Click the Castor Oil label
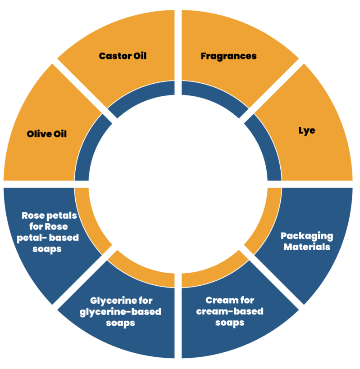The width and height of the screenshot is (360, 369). coord(123,56)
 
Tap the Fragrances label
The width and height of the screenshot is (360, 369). coord(228,56)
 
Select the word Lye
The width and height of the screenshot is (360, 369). coord(307,130)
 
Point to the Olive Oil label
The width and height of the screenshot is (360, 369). coord(47,134)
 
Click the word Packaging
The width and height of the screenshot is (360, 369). coord(307,236)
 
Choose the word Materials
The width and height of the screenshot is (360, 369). coord(307,247)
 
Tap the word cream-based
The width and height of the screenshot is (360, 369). coord(230,311)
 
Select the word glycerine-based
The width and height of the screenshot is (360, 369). coord(120,311)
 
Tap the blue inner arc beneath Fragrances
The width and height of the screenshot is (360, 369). coord(215,97)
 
